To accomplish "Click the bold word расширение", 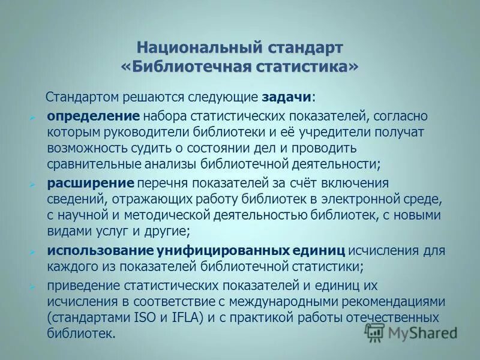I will click(90, 182).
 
